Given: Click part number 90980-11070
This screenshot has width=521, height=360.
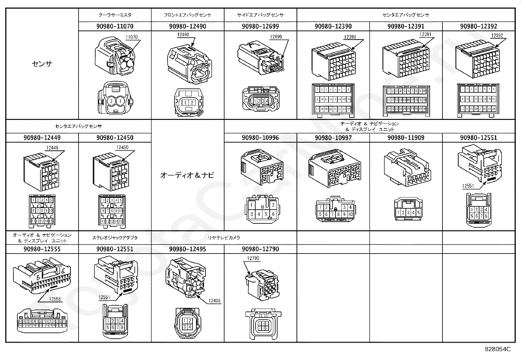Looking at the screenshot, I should pyautogui.click(x=115, y=26).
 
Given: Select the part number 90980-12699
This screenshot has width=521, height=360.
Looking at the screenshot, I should pyautogui.click(x=260, y=26).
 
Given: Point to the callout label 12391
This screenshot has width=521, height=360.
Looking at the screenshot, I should pyautogui.click(x=426, y=34).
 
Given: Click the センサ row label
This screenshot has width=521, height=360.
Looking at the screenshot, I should pyautogui.click(x=42, y=64).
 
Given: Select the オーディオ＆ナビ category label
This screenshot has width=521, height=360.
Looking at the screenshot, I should pyautogui.click(x=187, y=175).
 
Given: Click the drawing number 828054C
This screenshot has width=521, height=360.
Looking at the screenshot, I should pyautogui.click(x=498, y=349).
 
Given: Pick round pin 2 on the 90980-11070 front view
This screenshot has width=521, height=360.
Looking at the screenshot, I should pyautogui.click(x=111, y=101).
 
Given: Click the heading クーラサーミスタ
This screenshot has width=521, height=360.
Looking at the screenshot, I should pyautogui.click(x=115, y=15).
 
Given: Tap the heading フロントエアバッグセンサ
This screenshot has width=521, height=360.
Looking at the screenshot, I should pyautogui.click(x=188, y=15).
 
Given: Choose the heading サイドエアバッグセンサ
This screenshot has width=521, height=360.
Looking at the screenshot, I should pyautogui.click(x=260, y=15).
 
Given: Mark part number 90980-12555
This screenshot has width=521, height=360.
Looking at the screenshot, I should pyautogui.click(x=42, y=249).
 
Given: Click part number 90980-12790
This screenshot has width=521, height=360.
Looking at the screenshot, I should pyautogui.click(x=260, y=249).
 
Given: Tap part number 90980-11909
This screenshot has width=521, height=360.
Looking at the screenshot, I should pyautogui.click(x=406, y=138).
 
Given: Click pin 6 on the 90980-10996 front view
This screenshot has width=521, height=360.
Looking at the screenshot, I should pyautogui.click(x=273, y=214).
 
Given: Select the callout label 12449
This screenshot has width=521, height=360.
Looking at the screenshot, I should pyautogui.click(x=52, y=148).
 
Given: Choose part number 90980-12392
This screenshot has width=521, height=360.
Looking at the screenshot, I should pyautogui.click(x=478, y=26).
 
